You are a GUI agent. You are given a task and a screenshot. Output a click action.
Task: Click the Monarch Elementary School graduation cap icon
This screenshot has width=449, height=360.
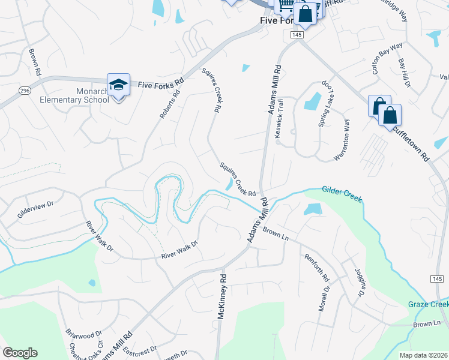[118, 84]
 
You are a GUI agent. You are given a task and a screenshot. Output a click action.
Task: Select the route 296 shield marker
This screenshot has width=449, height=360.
[24, 90]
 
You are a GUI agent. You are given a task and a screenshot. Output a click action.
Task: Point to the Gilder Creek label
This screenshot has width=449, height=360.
[342, 193]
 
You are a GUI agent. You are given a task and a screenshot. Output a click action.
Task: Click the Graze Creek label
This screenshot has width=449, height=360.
[428, 304]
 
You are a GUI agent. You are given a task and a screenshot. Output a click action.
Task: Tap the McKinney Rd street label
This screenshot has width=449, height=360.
[222, 296]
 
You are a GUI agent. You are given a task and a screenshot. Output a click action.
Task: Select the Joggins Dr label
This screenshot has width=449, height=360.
[358, 282]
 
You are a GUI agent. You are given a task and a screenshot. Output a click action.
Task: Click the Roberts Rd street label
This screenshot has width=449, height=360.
[170, 104]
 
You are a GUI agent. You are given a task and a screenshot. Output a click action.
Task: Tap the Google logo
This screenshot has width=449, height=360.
[20, 353]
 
